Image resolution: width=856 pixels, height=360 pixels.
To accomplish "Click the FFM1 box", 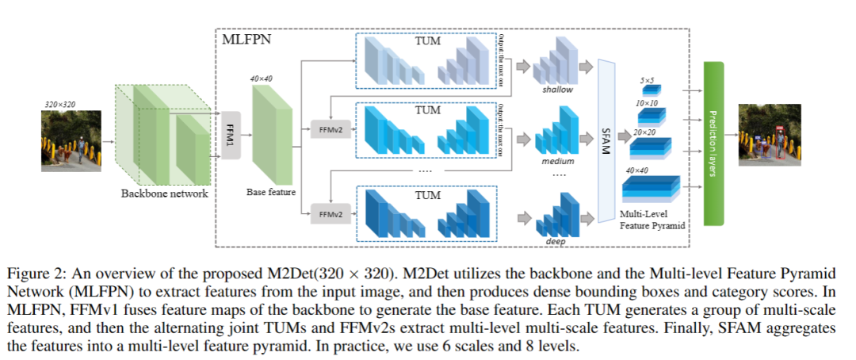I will [230, 134].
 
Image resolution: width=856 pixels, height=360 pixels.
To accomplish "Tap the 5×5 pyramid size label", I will [647, 80].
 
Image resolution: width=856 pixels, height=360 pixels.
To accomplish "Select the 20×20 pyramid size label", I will [644, 132].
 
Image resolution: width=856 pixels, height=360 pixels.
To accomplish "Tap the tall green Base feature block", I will [271, 135].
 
